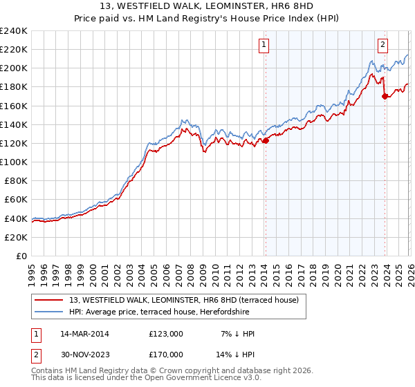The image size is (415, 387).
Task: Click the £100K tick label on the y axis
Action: pyautogui.click(x=13, y=162)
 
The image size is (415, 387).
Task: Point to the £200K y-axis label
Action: pyautogui.click(x=13, y=68)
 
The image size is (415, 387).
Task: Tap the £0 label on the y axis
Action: pyautogui.click(x=21, y=256)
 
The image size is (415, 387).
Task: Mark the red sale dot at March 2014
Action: pyautogui.click(x=266, y=140)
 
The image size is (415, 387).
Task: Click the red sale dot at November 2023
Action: pyautogui.click(x=385, y=97)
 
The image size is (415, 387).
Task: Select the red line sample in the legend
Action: pyautogui.click(x=50, y=300)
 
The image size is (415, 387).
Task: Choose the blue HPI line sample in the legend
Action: pyautogui.click(x=50, y=312)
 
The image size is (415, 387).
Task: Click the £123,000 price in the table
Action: pyautogui.click(x=166, y=334)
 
